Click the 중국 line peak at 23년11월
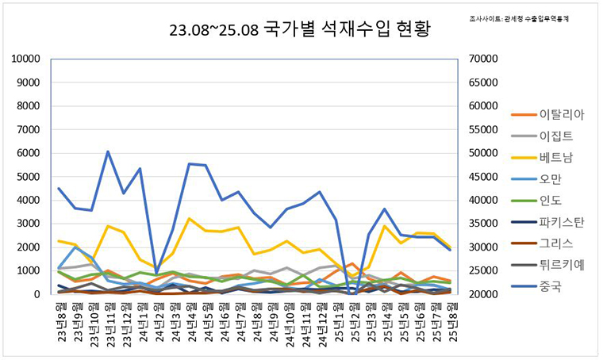[108, 151]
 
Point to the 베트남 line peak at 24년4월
[189, 219]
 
